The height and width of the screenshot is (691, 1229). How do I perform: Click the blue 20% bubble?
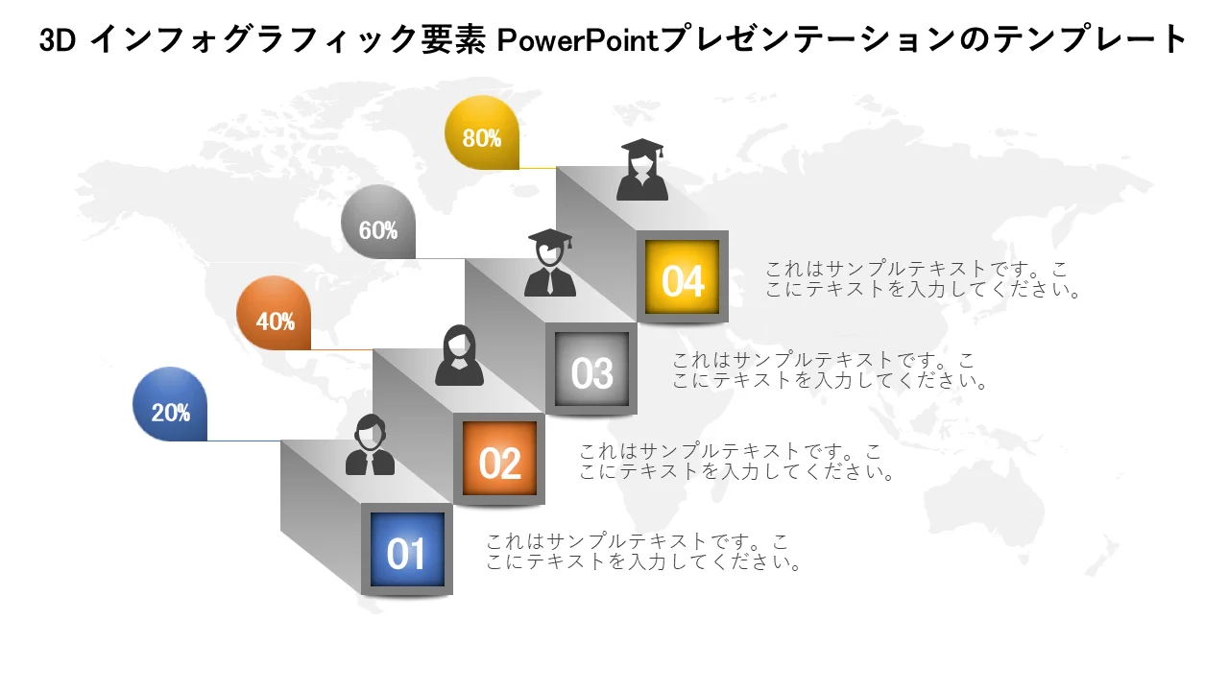(170, 404)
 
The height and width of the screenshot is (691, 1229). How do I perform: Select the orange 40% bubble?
(274, 313)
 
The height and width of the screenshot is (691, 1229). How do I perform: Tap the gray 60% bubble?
(378, 222)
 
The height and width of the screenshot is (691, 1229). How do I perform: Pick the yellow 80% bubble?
(482, 132)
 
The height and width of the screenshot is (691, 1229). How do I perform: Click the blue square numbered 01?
(407, 550)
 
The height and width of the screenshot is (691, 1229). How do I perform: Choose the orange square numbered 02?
(499, 459)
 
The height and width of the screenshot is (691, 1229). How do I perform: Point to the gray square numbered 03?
(591, 369)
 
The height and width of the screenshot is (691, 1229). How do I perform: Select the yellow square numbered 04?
(682, 277)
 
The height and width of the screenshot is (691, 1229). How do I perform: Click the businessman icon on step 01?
(370, 444)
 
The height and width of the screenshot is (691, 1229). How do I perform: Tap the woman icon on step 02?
(459, 355)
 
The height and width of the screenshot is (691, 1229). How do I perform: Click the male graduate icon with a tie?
(550, 263)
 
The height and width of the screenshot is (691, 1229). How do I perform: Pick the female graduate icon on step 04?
(642, 170)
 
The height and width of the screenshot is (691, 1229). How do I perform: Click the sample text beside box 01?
(642, 552)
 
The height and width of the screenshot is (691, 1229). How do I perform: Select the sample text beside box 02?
(735, 462)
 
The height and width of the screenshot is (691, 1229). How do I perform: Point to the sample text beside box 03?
(829, 370)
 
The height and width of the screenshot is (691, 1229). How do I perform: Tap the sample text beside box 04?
(923, 279)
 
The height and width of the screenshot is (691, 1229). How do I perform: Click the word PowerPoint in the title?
(577, 40)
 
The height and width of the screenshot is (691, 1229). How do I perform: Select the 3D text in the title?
(58, 40)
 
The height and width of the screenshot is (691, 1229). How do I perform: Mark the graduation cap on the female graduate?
(642, 148)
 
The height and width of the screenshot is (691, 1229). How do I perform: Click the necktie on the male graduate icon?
(550, 282)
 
